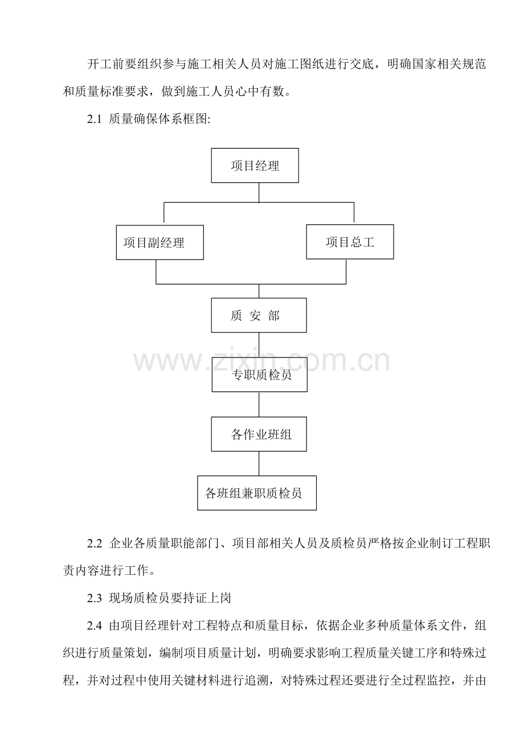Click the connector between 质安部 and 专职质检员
(259, 345)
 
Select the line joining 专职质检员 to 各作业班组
(259, 404)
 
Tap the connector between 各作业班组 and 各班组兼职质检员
(259, 463)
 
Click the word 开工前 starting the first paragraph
(105, 64)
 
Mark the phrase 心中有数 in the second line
(259, 91)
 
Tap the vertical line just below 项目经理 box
(259, 192)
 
